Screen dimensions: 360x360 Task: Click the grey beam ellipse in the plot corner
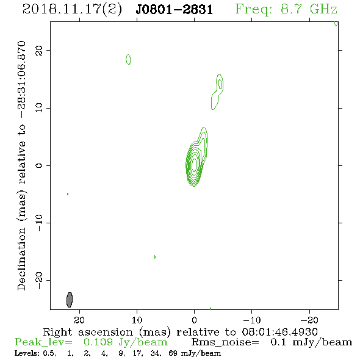tap(70, 300)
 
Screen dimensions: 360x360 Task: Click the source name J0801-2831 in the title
tap(175, 10)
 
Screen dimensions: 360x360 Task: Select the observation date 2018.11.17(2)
tap(72, 10)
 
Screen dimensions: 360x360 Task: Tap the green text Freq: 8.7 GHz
tap(286, 9)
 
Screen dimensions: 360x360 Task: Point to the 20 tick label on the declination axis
tap(39, 51)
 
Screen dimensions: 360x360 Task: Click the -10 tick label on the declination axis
tap(39, 223)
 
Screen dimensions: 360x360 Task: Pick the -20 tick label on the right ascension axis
tap(309, 320)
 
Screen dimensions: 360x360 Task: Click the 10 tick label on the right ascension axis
tap(137, 320)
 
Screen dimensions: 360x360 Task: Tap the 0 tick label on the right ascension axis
tap(194, 320)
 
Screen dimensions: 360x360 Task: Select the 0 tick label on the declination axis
tap(39, 165)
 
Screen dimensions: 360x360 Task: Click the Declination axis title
tap(21, 165)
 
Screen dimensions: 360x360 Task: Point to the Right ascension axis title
tap(181, 332)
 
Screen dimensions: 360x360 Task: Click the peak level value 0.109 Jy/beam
tap(125, 342)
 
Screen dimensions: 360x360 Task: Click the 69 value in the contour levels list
tap(173, 353)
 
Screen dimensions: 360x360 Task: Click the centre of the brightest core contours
tap(194, 164)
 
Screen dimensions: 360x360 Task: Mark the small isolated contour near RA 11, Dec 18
tap(128, 60)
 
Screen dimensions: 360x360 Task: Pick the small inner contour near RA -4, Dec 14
tap(220, 84)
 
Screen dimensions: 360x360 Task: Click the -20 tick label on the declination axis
tap(39, 280)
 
